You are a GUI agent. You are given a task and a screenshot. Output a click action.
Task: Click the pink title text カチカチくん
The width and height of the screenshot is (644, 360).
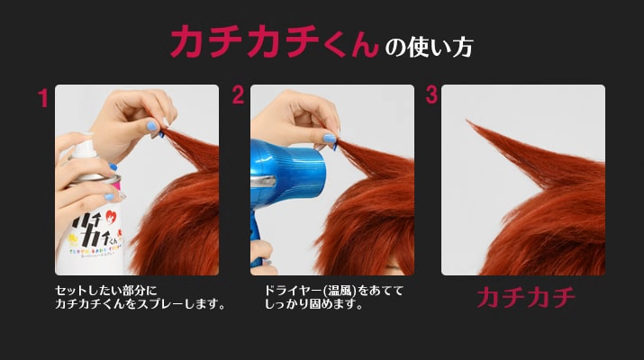coord(274,41)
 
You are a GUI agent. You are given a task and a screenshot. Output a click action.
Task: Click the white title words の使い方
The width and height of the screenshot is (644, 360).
coord(430,47)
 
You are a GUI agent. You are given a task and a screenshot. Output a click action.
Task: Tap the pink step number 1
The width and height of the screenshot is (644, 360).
coord(43,98)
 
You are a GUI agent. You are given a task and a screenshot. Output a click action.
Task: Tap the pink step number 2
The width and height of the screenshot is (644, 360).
coord(238,94)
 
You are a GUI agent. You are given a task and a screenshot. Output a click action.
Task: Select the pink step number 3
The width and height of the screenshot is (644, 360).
coord(431,94)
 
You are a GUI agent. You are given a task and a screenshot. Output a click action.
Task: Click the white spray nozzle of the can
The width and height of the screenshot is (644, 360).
coord(85,148)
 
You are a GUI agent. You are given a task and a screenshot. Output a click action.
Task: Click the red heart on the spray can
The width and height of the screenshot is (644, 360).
coord(111,216)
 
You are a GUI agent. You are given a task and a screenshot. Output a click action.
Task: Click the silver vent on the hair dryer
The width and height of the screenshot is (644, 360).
coord(263,181)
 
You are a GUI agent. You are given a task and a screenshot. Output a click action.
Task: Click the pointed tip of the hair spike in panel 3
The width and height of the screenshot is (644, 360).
coord(467,121)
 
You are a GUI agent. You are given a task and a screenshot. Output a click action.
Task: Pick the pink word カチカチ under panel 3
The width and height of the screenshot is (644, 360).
coord(526,298)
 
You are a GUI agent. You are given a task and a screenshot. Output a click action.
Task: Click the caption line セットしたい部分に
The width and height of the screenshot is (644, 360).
coord(106,291)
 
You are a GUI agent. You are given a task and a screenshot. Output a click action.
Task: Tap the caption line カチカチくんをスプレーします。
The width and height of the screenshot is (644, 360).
coord(140,304)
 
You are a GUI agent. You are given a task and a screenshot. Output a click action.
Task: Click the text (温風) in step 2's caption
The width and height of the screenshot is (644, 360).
coord(339,291)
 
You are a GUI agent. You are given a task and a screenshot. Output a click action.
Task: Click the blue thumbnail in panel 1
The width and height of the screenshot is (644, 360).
coord(151,126)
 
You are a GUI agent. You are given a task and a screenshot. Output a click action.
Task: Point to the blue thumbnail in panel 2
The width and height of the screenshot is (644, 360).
coord(329,139)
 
